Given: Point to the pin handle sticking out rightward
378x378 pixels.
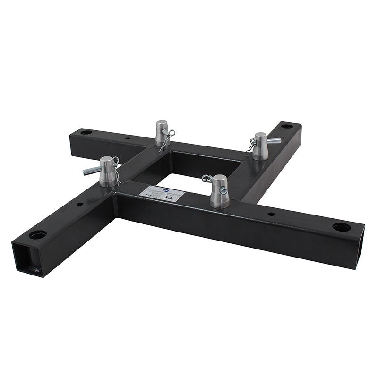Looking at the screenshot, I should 274,140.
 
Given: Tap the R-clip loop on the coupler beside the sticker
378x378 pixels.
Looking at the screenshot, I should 206,178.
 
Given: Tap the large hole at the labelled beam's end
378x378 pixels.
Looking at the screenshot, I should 341,227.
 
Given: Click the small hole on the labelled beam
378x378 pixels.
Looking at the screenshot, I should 271,214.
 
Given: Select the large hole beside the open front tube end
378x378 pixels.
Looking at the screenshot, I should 38,235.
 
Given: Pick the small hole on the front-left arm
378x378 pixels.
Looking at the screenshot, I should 79,205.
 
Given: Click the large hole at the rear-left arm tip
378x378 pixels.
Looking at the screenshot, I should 86,132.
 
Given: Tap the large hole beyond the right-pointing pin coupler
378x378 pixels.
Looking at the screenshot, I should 287,126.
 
